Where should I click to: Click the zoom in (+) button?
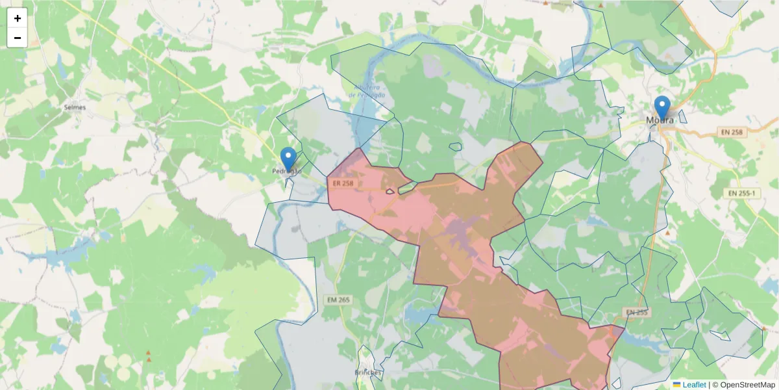pos(18,18)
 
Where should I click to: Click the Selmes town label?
pos(75,107)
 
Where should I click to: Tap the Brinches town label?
pos(368,372)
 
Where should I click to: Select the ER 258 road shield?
pos(343,183)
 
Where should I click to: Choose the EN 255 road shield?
pos(637,313)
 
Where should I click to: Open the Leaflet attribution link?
pos(693,385)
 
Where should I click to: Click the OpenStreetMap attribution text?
pos(747,385)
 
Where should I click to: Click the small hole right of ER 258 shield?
pos(390,191)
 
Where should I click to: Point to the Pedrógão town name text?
pos(287,172)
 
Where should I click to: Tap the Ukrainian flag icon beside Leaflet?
pos(676,385)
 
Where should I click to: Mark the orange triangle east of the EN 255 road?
pos(667,233)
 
